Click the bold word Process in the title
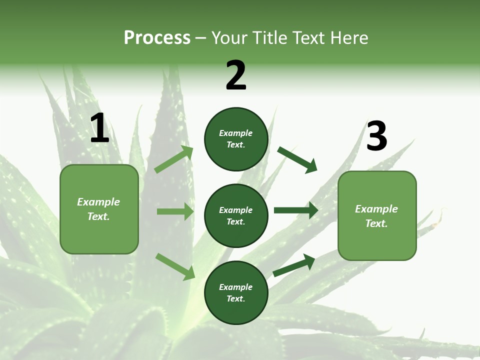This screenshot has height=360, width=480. [157, 38]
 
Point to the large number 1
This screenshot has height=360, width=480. [99, 128]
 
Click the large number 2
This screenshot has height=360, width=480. [236, 75]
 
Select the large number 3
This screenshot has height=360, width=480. [376, 136]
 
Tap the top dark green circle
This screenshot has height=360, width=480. [236, 139]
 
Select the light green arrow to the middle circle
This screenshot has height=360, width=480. [175, 211]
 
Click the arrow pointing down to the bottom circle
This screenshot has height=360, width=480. [175, 266]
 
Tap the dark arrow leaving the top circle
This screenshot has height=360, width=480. [297, 159]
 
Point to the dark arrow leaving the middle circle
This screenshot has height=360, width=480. [295, 210]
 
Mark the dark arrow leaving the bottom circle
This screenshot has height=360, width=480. [294, 265]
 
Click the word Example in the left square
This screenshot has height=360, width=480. [98, 202]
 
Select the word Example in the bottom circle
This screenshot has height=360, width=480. [235, 287]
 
